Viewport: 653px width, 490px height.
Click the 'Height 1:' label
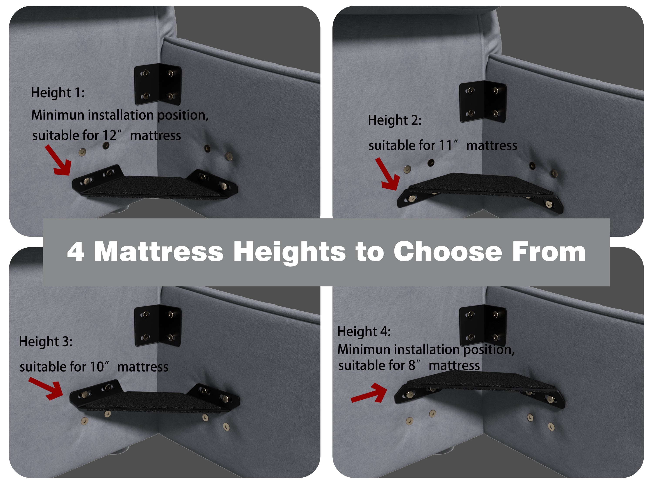pyautogui.click(x=58, y=93)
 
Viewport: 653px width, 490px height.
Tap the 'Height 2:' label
pyautogui.click(x=395, y=120)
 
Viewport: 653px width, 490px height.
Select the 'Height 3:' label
pyautogui.click(x=46, y=342)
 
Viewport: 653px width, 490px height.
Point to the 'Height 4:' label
pyautogui.click(x=364, y=332)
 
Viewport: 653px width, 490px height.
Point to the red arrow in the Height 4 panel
pyautogui.click(x=369, y=393)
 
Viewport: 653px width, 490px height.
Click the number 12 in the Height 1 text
pyautogui.click(x=109, y=136)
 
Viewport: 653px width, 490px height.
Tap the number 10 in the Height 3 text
pyautogui.click(x=97, y=367)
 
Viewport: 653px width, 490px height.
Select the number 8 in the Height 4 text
pyautogui.click(x=412, y=365)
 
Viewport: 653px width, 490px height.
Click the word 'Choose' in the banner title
pyautogui.click(x=448, y=252)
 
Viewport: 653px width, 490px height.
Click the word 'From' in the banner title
pyautogui.click(x=549, y=252)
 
